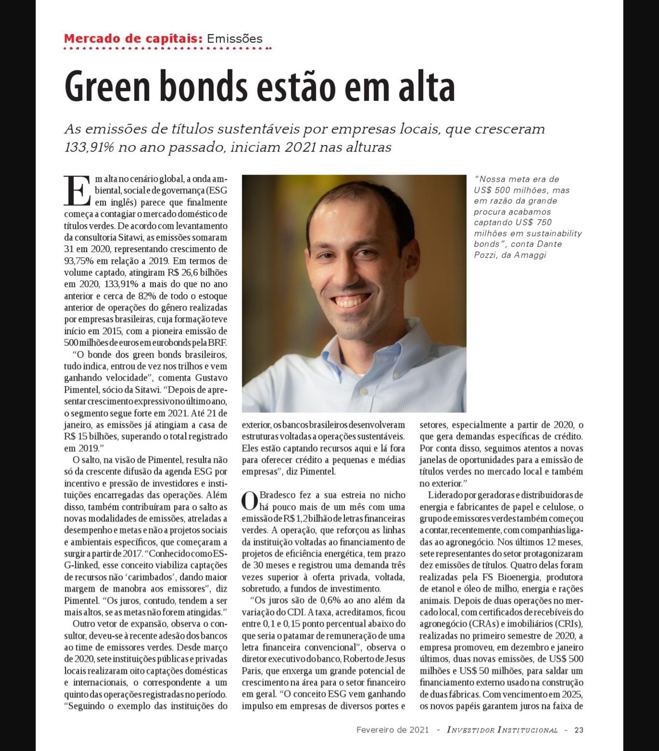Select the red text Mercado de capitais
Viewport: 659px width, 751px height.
(x=133, y=39)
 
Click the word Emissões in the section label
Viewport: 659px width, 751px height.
(x=234, y=39)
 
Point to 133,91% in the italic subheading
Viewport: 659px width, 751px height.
(x=89, y=147)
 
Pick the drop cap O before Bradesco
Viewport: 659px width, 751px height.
(x=249, y=501)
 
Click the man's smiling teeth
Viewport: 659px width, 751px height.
(x=356, y=301)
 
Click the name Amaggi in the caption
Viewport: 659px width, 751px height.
(x=530, y=255)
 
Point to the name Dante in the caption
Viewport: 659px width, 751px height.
(x=549, y=244)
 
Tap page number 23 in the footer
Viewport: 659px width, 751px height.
(x=578, y=730)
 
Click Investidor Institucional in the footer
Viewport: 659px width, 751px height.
(x=502, y=730)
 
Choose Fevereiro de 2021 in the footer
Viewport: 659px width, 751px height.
(x=392, y=730)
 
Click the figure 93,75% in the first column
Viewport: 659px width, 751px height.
(x=78, y=261)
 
